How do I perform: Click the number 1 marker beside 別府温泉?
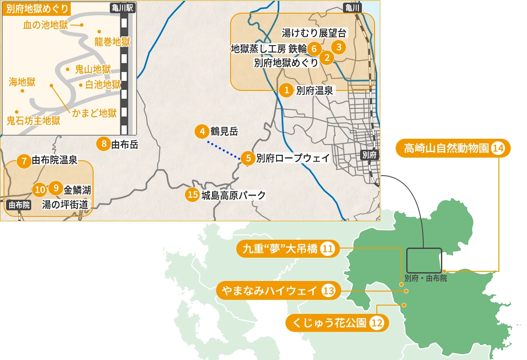tap(286, 90)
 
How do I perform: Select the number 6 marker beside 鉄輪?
tap(314, 48)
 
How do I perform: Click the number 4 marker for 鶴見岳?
tap(202, 131)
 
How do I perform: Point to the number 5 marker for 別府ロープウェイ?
tap(248, 158)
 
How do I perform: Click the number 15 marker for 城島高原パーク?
tap(192, 195)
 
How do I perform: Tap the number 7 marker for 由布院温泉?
tap(24, 161)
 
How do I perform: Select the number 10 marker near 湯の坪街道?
tap(40, 190)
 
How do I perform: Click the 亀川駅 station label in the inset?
tap(123, 7)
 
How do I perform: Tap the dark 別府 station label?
tap(368, 155)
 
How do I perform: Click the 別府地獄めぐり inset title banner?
tap(37, 10)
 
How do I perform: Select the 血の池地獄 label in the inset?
tap(46, 25)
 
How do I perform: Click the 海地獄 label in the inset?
tap(22, 81)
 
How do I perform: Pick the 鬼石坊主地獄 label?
tap(33, 121)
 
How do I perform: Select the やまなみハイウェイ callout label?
tap(278, 290)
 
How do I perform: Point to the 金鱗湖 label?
tap(77, 190)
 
